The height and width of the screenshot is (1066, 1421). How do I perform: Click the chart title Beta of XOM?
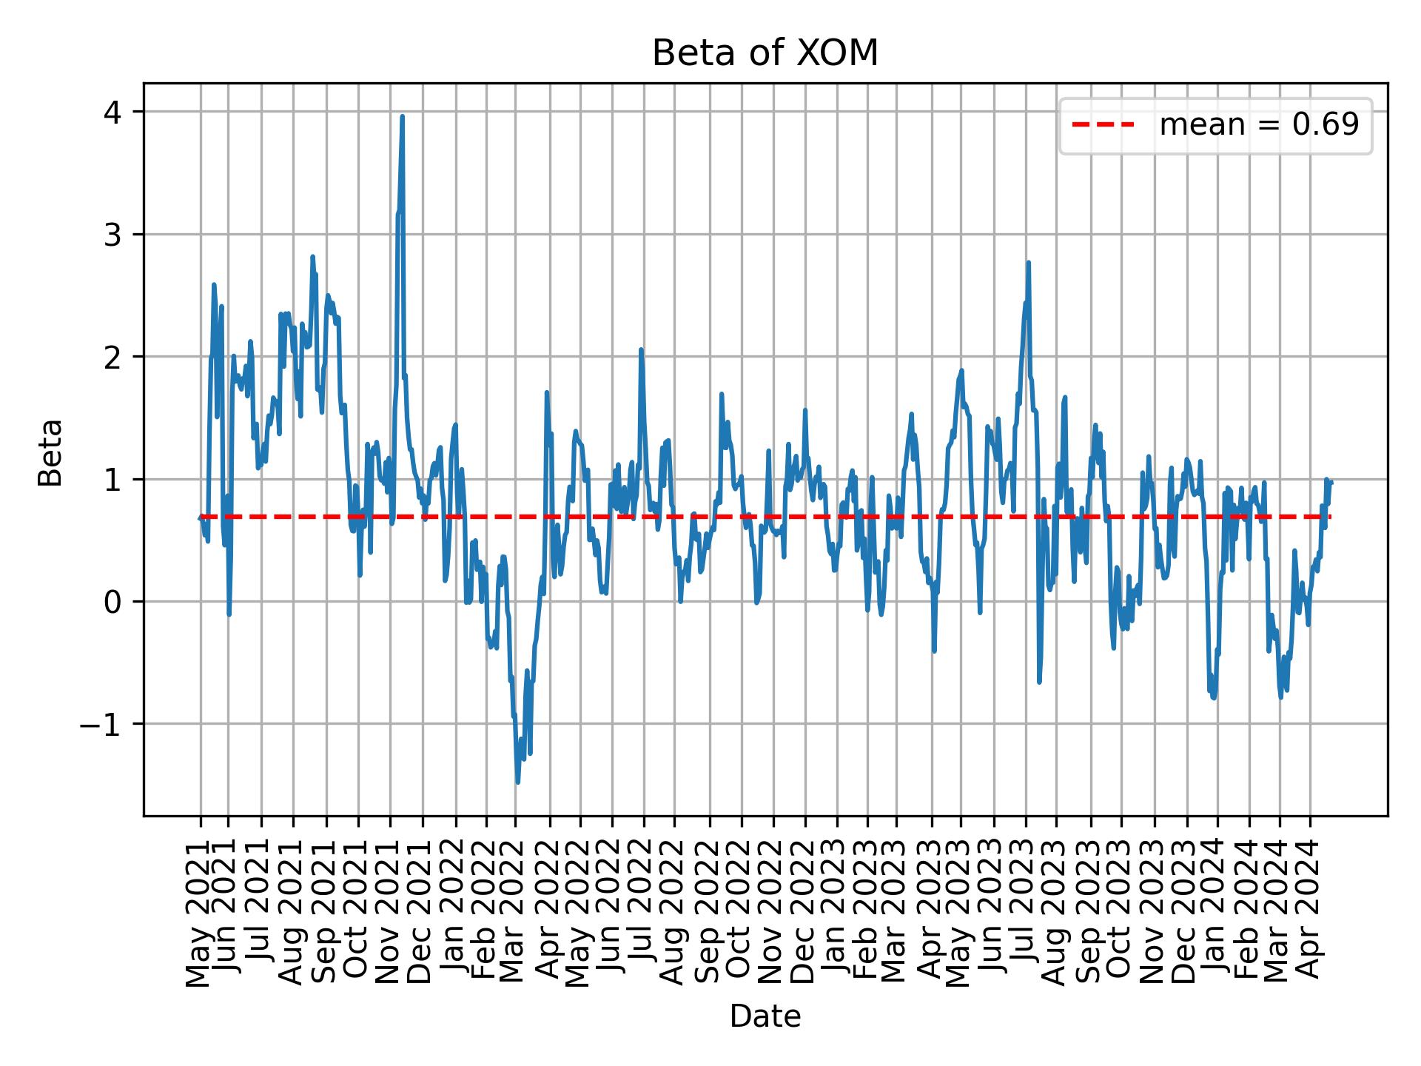click(765, 53)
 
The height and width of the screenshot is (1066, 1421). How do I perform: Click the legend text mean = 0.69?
click(1258, 125)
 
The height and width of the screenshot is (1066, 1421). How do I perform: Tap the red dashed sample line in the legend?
click(1103, 125)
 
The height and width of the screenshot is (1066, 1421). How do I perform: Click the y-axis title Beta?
click(50, 452)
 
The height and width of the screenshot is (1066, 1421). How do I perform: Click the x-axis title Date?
click(765, 1017)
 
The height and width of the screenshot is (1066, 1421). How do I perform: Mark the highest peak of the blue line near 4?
click(402, 116)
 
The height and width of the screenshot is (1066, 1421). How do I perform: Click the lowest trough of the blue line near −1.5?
click(517, 782)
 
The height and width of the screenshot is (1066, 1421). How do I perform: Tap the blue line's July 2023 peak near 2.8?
click(1028, 262)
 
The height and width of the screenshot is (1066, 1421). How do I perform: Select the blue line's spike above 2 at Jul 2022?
click(641, 349)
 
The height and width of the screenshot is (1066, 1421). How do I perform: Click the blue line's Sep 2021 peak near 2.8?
click(312, 257)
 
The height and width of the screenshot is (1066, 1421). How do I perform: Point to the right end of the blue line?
click(1331, 482)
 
